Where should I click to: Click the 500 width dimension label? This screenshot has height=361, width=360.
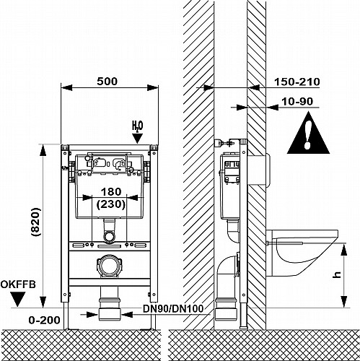point(107,82)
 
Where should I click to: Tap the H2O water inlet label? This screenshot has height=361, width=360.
point(137,126)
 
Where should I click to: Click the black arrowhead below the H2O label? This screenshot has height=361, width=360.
point(138,139)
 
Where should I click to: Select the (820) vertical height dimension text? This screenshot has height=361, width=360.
point(36,222)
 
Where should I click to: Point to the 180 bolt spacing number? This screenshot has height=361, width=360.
point(111,192)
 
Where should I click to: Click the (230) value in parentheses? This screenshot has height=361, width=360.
point(111,204)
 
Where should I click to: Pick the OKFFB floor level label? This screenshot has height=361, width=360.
point(18,284)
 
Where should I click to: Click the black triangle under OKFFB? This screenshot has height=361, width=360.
point(18,299)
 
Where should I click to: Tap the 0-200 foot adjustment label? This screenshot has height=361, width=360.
point(44,320)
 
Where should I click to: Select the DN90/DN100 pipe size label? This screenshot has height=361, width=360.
point(173,308)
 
